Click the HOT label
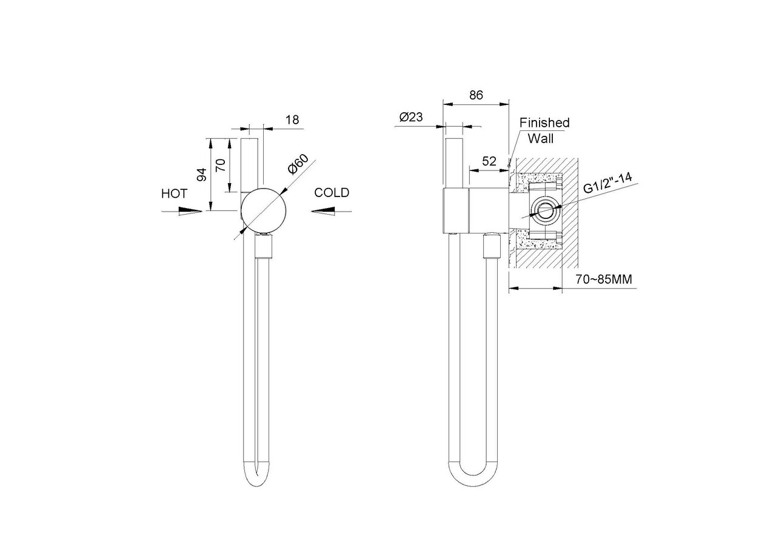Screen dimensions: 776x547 174,193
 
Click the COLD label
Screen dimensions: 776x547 332,193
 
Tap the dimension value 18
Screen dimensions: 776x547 292,119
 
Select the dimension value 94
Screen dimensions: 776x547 202,175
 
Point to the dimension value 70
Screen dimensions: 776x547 220,166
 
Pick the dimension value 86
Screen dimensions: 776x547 476,95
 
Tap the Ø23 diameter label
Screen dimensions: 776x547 411,117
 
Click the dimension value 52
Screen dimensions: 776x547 489,161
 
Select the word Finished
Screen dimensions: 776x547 544,122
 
